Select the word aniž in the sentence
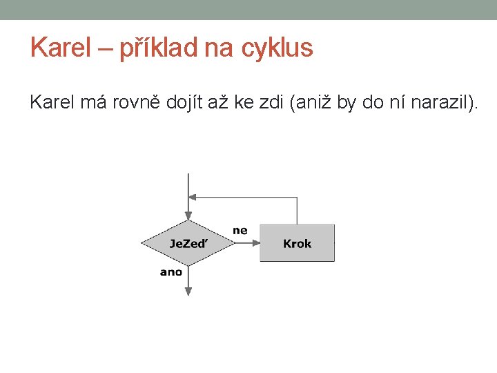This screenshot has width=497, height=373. pyautogui.click(x=311, y=103)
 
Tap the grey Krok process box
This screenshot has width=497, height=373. pyautogui.click(x=297, y=243)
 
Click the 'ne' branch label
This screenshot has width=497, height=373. pyautogui.click(x=240, y=230)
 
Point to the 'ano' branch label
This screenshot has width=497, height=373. pyautogui.click(x=170, y=272)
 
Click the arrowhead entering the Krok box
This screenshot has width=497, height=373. pyautogui.click(x=255, y=243)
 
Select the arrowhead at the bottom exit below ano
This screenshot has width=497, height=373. pyautogui.click(x=188, y=291)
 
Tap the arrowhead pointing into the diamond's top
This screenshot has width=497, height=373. pyautogui.click(x=188, y=216)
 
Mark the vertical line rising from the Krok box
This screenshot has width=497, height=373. pyautogui.click(x=297, y=211)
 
